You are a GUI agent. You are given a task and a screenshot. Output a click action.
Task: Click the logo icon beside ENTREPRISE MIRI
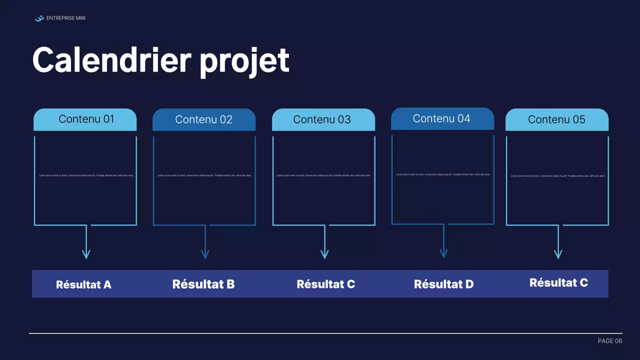39,18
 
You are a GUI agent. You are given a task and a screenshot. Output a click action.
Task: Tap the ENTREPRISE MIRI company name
65,18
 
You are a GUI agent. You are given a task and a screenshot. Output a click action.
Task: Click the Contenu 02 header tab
204,120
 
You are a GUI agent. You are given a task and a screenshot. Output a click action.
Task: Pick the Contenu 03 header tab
323,120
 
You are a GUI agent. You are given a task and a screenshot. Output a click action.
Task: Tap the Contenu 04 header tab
442,119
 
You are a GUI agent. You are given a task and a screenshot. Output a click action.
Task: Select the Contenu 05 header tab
557,120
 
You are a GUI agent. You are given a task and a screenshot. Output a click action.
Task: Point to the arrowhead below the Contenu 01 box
86,254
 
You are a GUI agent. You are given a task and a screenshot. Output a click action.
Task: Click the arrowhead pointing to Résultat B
205,254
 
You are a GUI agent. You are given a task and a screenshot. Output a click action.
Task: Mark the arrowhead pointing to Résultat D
443,253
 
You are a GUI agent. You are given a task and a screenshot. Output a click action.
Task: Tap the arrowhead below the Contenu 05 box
558,254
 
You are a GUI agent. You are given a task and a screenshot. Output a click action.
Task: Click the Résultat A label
83,285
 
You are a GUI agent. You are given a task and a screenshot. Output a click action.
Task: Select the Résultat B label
203,284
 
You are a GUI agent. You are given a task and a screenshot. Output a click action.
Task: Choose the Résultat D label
444,284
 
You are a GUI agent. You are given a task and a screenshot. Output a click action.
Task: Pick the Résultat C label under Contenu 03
326,284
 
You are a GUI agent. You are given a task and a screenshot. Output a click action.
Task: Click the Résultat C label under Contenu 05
558,283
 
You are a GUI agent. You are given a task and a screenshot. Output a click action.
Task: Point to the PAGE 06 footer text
610,341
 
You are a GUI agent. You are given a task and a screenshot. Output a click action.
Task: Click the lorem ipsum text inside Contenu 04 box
443,174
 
